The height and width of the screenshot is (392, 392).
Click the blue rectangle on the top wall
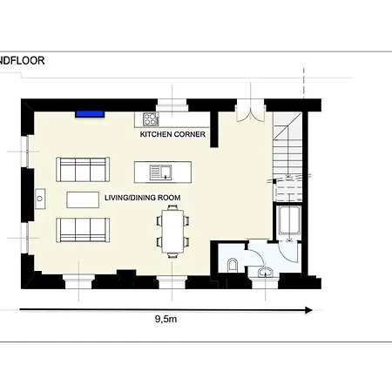coord(90,114)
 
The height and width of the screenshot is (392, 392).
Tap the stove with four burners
coord(151,119)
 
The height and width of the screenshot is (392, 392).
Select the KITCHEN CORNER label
coord(172,134)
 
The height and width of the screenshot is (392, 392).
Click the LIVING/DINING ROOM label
coord(143,198)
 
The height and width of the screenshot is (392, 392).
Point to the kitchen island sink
coord(160,172)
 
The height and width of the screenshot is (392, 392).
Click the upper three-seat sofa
coord(83,170)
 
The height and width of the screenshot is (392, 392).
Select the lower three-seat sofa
coord(83,230)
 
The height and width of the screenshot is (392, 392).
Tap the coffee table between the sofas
coord(83,199)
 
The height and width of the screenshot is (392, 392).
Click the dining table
coord(172,232)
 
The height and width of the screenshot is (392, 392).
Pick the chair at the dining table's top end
coord(172,207)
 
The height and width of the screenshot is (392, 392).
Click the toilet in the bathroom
coord(233,265)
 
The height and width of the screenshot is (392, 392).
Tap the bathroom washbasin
coord(266,272)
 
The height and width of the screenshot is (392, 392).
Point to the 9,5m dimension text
coord(166,319)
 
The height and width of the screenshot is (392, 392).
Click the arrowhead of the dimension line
coord(308,310)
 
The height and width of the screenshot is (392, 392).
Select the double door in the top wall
coord(250,111)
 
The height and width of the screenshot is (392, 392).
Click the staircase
coord(287,157)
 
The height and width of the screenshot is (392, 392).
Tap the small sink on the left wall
coord(40,199)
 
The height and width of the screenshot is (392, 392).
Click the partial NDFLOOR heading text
coord(23,61)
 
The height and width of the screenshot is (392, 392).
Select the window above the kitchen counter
coord(172,105)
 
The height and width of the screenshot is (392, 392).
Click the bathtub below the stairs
coord(288,220)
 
